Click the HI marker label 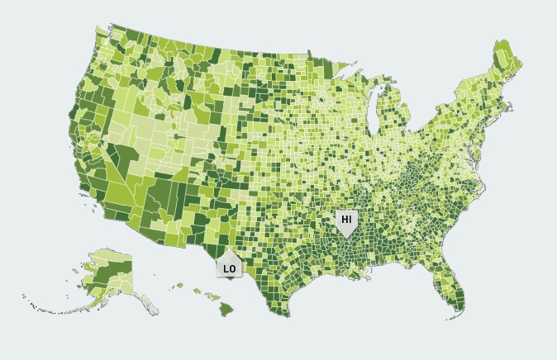[347, 219]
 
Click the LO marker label [229, 268]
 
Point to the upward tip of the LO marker [229, 250]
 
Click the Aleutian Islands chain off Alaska [50, 306]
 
